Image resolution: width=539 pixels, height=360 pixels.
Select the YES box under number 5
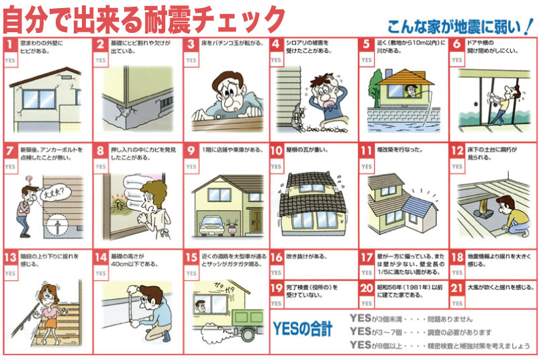pos(366,60)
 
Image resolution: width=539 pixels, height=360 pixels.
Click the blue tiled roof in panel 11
pos(411,199)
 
